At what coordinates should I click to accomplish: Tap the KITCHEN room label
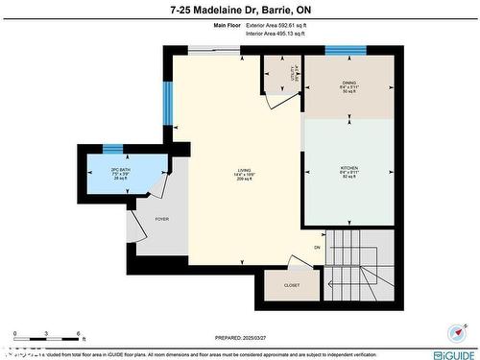tap(349, 168)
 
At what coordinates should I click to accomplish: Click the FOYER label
tap(162, 219)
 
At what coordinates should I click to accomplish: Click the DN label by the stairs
tap(316, 248)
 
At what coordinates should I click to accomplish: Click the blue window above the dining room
tap(345, 50)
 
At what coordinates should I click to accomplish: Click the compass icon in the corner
tap(454, 332)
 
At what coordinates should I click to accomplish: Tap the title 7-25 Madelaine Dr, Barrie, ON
tap(239, 9)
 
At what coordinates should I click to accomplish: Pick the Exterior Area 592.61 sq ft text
tap(275, 26)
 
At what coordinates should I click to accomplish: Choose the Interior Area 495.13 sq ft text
tap(275, 34)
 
